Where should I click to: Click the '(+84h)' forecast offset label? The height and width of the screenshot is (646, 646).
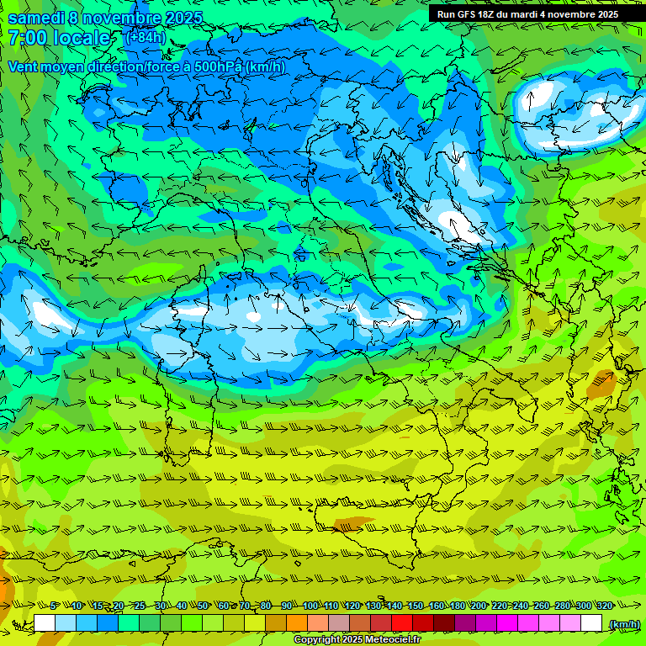[x=145, y=37]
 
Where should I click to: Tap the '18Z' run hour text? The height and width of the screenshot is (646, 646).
[x=494, y=14]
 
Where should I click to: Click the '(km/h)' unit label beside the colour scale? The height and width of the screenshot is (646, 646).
[x=623, y=623]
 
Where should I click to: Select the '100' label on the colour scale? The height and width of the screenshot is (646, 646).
[x=310, y=606]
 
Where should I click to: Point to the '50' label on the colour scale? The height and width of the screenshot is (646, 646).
[x=203, y=606]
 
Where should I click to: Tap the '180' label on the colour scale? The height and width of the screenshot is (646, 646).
[x=458, y=606]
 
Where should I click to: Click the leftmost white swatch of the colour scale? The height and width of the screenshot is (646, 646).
[x=45, y=623]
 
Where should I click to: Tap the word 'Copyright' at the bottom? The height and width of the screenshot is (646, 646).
[x=317, y=640]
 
